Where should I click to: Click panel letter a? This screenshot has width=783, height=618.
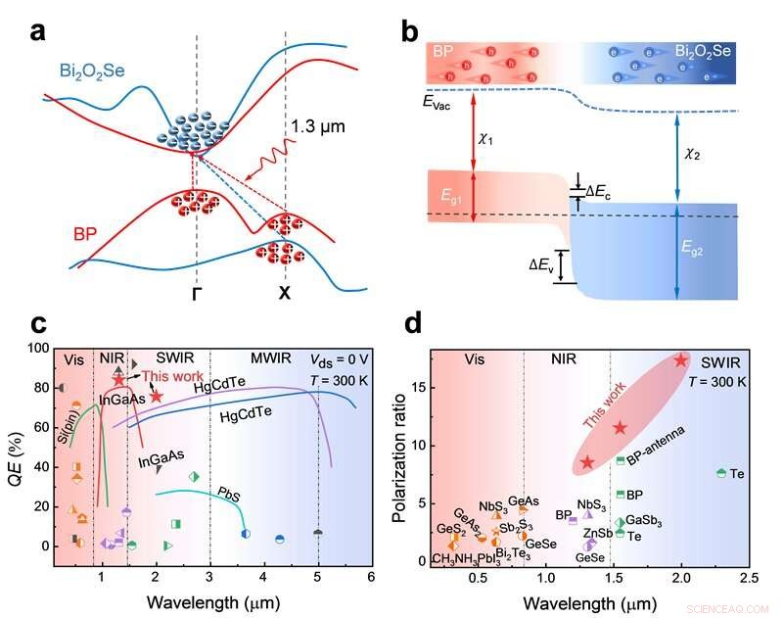(x=38, y=29)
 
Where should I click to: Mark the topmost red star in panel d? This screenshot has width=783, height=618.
(x=680, y=360)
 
